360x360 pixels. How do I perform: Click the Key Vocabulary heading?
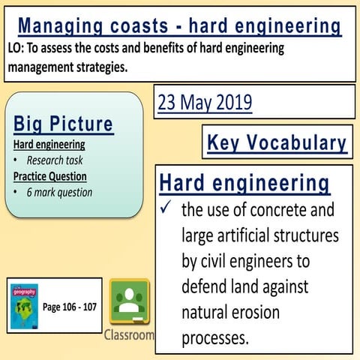pos(277,142)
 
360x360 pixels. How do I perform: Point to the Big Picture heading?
pos(63,124)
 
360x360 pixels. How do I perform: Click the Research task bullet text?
pos(55,160)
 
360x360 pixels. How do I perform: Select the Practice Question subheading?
pos(49,176)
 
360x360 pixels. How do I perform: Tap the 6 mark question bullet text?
pos(59,193)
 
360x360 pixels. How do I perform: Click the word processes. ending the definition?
pos(214,338)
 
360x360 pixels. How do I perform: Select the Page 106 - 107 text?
pos(69,307)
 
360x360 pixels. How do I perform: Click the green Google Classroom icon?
pos(129,302)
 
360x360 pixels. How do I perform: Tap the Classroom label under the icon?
pos(129,334)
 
